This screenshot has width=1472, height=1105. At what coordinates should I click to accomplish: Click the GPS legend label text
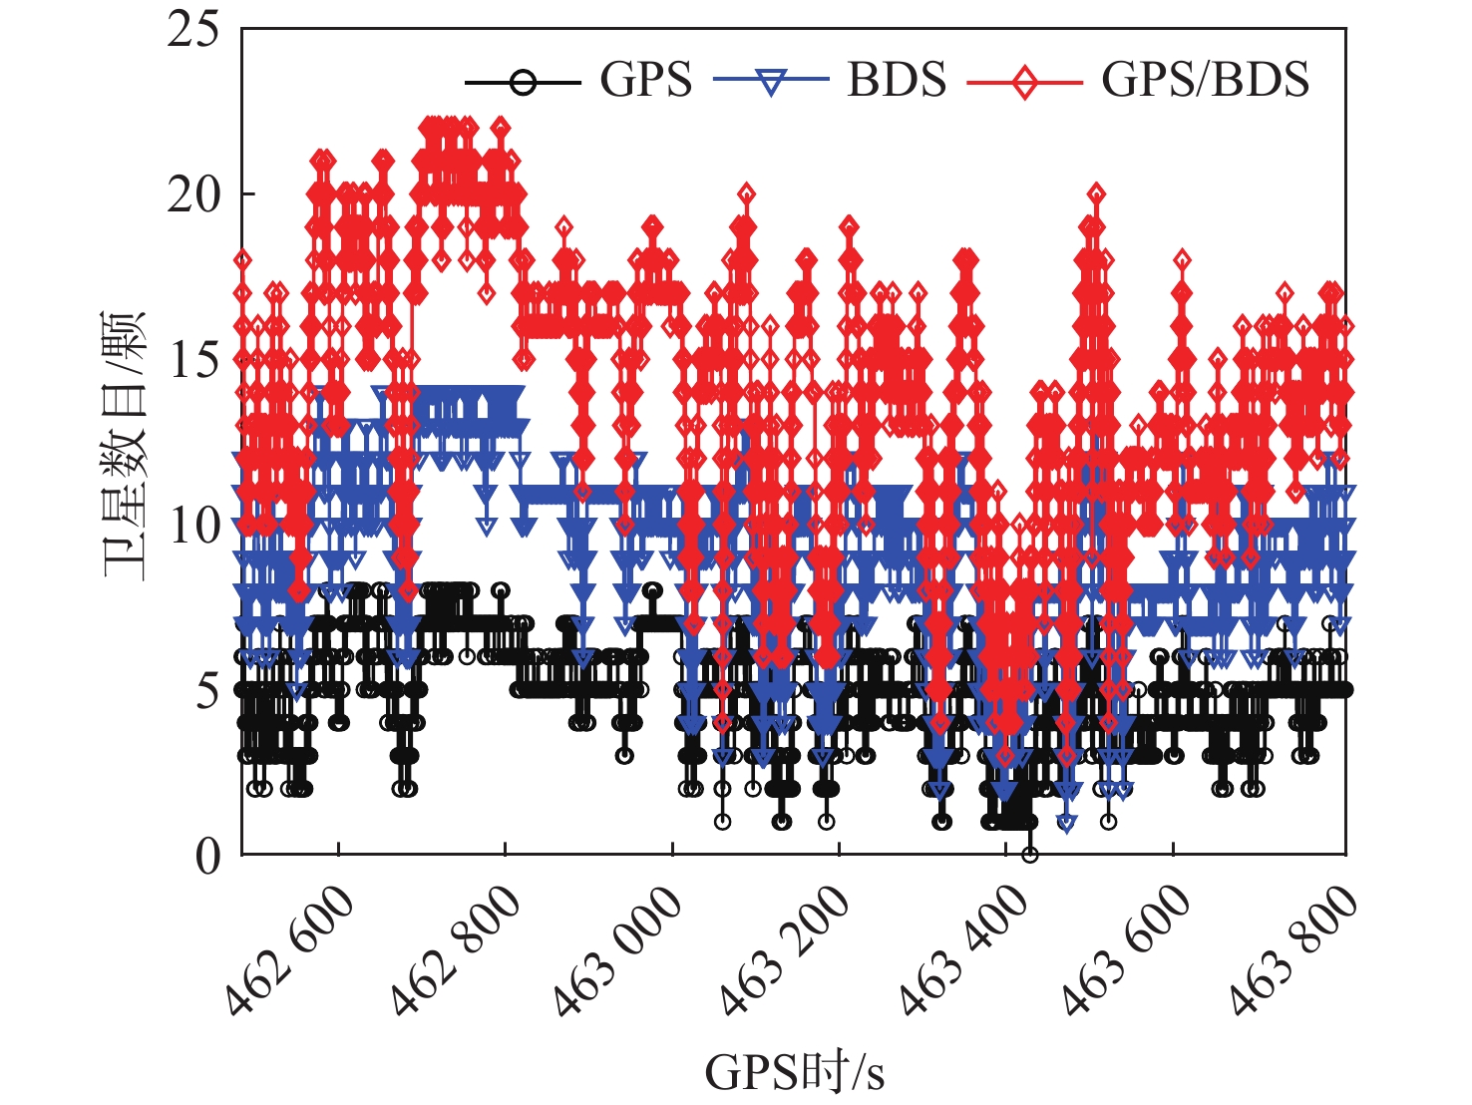pos(645,80)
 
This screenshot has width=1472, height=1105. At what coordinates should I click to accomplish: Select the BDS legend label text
pos(896,80)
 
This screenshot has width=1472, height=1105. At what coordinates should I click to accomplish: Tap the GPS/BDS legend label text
pos(1205,80)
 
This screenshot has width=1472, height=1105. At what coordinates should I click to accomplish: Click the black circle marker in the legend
pos(523,82)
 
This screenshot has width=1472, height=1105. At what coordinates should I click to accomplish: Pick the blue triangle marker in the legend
pos(771,82)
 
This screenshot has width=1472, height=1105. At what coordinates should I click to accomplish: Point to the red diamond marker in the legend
pos(1024,82)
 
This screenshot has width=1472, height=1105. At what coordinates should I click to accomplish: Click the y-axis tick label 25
pos(193,30)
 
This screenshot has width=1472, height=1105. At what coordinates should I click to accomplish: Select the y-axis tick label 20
pos(193,194)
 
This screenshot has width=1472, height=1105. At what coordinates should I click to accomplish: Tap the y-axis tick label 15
pos(193,360)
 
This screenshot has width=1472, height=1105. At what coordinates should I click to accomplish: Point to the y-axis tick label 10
pos(193,526)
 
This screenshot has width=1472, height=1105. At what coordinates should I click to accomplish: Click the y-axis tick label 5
pos(206,690)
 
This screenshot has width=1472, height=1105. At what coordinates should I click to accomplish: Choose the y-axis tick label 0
pos(206,856)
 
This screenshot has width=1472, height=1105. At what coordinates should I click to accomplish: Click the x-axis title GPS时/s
pos(794,1073)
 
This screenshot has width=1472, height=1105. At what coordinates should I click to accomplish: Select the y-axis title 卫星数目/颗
pos(126,445)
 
